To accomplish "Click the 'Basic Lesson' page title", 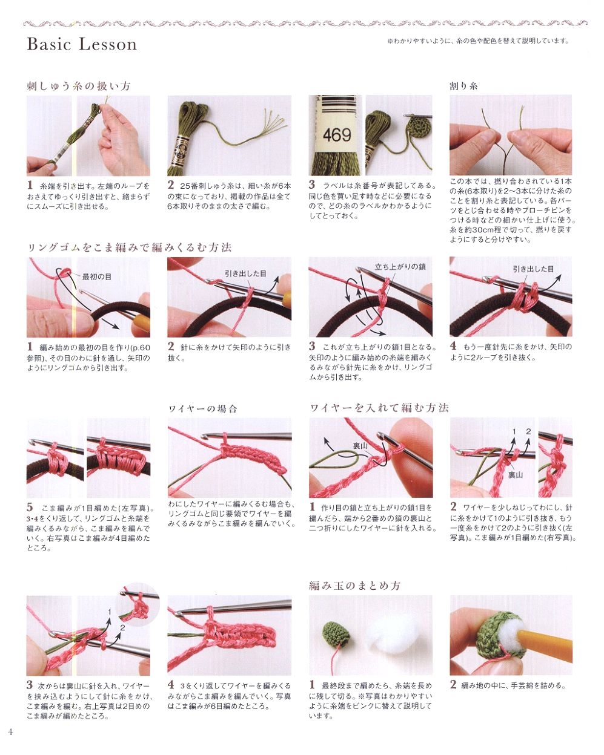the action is click(82, 44).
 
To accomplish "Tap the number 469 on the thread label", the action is click(336, 135).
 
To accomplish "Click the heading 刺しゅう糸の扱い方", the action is click(78, 86).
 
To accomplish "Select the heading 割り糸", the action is click(463, 86).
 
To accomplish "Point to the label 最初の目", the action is click(96, 277).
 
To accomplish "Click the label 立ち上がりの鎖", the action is click(399, 267).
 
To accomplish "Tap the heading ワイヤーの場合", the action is click(203, 409).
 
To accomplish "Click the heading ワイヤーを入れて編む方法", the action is click(379, 408).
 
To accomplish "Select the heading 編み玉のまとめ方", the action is click(354, 586).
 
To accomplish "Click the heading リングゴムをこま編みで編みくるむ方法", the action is click(129, 247).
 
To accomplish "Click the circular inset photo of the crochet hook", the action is click(138, 604).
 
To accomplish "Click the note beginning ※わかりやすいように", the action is click(478, 41).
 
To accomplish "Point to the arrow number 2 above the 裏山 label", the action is click(528, 431).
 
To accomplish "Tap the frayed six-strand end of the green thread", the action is click(273, 122).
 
